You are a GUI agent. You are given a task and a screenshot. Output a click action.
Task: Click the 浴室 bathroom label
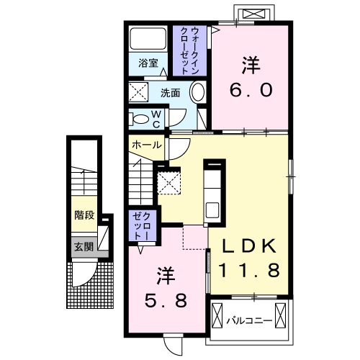coord(148,63)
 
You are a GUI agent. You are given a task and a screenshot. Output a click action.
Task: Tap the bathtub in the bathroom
coord(148,38)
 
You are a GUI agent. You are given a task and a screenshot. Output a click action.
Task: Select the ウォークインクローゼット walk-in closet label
coord(189,50)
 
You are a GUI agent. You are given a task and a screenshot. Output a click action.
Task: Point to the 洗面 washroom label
coord(170,93)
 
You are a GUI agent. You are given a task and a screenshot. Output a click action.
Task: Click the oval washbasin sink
coord(197,91)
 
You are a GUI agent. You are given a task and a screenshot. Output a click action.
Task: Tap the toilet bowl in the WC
coord(140,119)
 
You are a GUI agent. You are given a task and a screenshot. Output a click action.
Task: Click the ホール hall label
coord(147,145)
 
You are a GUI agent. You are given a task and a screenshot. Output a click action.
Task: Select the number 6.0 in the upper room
coord(251,90)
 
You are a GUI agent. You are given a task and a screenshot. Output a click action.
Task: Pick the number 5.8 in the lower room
coord(166,301)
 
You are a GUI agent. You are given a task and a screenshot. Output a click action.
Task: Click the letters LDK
coord(248,246)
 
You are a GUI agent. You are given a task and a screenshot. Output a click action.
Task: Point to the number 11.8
coord(248,270)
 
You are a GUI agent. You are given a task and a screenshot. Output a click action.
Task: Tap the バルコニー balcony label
coord(249,320)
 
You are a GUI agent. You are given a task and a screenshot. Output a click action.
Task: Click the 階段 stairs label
coord(84,215)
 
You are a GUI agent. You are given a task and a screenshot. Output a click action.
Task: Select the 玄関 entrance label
coord(84,246)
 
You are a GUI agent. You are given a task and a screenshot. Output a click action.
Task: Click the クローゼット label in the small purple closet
coord(142,226)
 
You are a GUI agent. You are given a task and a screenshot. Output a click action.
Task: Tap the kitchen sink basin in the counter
coord(212,210)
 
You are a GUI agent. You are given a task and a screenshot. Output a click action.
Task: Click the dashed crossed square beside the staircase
coord(169,183)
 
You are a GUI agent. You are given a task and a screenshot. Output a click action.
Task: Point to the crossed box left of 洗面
coord(138,92)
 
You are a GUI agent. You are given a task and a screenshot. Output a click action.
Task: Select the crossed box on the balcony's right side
coord(280,317)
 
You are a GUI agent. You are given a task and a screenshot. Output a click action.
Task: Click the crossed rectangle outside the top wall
coord(254,14)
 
